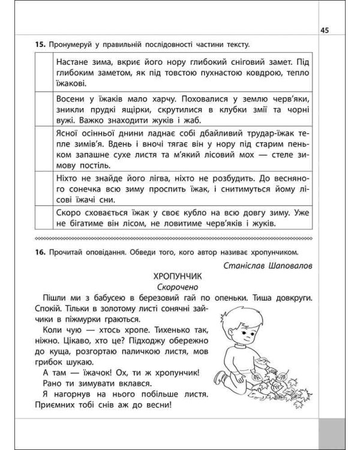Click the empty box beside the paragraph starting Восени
coord(44,109)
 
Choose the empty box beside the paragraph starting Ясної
coord(44,149)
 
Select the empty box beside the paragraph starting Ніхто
coord(44,188)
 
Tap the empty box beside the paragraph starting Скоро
coord(44,218)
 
